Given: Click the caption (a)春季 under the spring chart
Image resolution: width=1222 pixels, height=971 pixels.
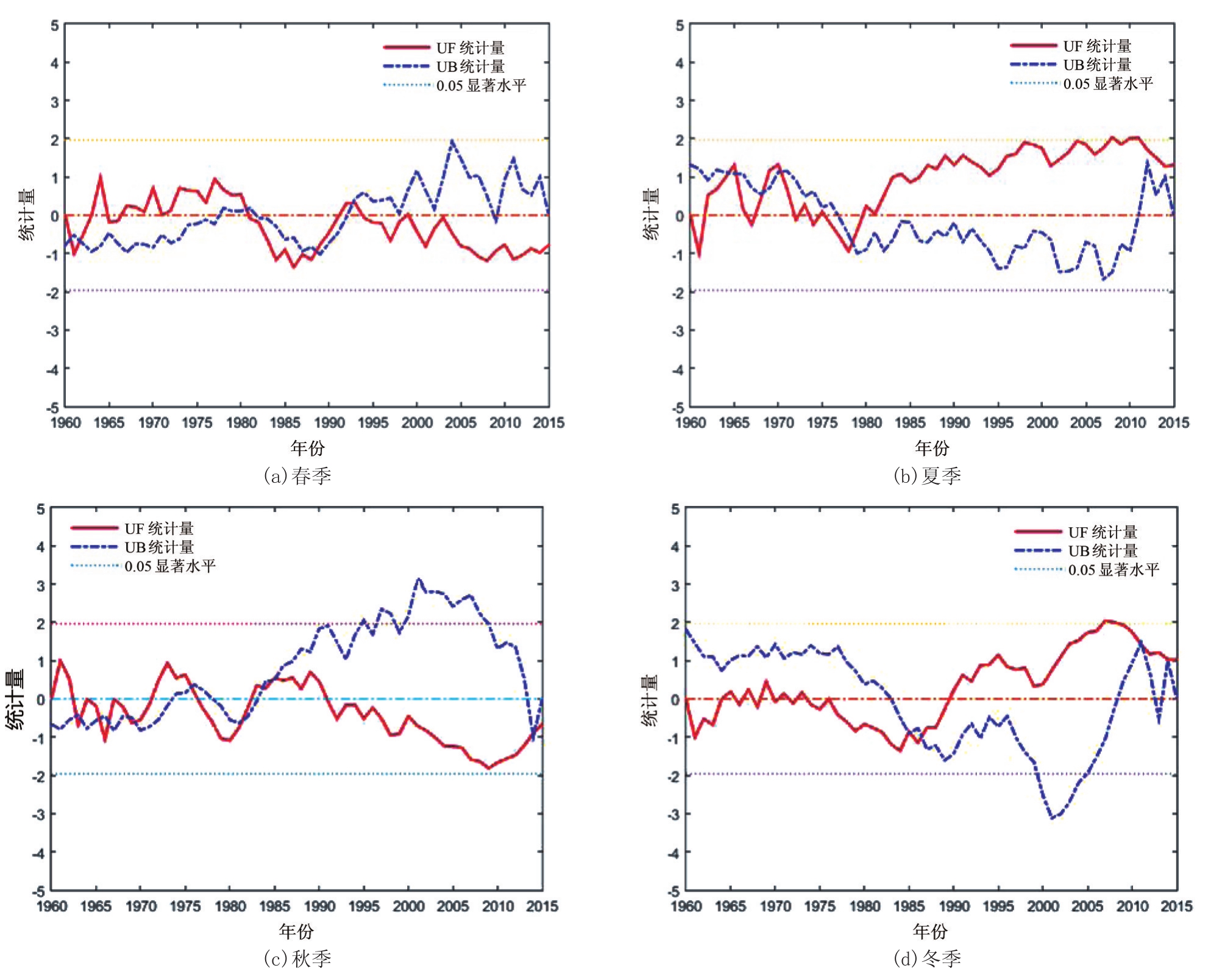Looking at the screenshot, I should pos(297,475).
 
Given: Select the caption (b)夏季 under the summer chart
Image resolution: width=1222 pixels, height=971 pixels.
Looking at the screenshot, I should pos(927,475).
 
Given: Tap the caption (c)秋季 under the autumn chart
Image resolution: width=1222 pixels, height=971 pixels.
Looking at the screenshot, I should pos(297,959).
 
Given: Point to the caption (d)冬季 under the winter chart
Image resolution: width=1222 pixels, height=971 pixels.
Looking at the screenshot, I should pos(927,959).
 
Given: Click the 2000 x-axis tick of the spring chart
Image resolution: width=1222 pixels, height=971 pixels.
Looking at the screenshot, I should pos(416,423).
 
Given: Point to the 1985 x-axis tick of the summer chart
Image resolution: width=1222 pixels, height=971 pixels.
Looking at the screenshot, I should pos(910,423).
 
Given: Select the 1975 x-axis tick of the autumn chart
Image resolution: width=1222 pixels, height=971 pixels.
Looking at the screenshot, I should pos(185,906).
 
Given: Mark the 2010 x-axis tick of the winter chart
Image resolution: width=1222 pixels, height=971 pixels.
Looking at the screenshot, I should pos(1132,906).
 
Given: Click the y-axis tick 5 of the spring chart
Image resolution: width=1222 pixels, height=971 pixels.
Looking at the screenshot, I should pos(55,26).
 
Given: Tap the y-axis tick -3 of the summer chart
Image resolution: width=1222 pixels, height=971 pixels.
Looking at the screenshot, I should pos(678,331).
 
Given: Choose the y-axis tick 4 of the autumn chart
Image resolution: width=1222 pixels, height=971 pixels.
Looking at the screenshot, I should pos(41,547).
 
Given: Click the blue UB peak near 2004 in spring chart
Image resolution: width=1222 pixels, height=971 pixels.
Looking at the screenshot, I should pos(452,141).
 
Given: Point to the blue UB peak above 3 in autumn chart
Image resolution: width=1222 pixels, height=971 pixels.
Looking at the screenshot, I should pos(418,579).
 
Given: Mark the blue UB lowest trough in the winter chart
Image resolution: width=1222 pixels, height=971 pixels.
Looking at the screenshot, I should pos(1052,818).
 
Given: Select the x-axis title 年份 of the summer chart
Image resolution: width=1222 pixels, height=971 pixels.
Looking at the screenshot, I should pos(932,449).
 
